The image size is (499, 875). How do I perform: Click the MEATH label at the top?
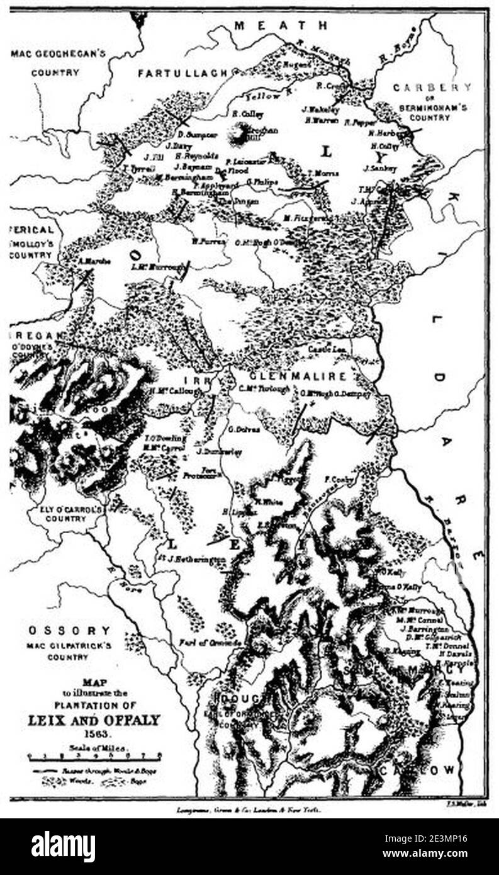click(281, 26)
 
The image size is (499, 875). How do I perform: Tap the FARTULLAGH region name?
click(182, 74)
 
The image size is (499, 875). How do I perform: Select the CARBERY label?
click(432, 88)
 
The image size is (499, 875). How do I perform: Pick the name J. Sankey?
click(381, 168)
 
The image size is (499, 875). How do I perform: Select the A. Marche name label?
click(95, 261)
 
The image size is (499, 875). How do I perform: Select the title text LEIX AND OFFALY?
click(93, 720)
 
